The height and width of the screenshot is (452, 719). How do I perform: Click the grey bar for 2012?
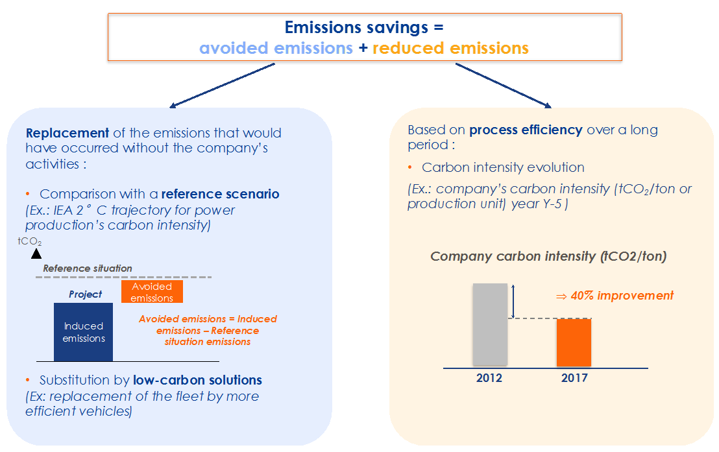(490, 324)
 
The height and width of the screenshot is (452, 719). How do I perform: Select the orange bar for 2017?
(574, 343)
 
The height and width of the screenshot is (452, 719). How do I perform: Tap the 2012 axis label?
(489, 378)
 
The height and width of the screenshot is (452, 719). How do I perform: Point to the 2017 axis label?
(574, 378)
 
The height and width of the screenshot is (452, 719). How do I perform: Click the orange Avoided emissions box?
(152, 292)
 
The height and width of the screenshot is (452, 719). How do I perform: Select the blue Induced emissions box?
(84, 332)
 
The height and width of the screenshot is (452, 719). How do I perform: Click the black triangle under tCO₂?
(36, 254)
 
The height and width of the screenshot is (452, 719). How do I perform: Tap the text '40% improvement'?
(622, 296)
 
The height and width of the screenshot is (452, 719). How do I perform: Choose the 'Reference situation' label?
(88, 268)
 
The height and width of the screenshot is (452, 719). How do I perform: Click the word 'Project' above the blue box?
(85, 294)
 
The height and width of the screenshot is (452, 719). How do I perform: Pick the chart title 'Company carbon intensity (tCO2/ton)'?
(548, 256)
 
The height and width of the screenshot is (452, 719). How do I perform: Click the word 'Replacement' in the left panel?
(67, 133)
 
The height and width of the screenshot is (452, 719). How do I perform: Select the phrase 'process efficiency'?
(526, 130)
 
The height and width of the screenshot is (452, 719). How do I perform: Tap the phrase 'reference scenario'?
(220, 194)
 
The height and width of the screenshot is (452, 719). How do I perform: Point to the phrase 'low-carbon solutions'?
(197, 380)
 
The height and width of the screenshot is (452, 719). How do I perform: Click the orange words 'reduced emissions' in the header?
(450, 48)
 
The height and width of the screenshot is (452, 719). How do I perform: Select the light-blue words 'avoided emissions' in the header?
(276, 48)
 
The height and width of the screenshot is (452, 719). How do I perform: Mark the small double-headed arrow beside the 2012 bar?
(513, 301)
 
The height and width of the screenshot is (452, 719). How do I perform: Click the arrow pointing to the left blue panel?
(222, 86)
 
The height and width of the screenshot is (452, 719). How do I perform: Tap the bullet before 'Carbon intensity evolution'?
(410, 167)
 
